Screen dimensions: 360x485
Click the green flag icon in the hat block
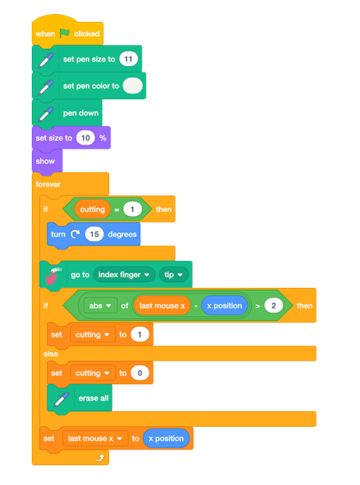pos(64,33)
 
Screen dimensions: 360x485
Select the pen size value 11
pos(128,59)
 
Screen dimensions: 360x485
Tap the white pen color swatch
pos(133,86)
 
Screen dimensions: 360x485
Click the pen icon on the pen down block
pos(46,114)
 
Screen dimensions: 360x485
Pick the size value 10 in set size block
pos(86,138)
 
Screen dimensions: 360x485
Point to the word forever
pos(48,184)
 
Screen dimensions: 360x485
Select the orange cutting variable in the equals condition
pos(92,209)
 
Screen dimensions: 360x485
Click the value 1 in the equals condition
pos(133,209)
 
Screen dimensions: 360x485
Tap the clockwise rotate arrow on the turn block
pos(75,234)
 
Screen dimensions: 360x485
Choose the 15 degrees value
pos(94,234)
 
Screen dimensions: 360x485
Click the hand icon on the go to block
pos(52,276)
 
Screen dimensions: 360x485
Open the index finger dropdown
pos(124,274)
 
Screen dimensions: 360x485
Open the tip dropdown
pos(174,274)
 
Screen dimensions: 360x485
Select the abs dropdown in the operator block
pos(100,306)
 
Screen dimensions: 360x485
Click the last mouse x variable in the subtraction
pos(162,306)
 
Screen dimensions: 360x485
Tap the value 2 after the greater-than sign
pos(274,306)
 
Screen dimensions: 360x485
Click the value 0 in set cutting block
pos(140,373)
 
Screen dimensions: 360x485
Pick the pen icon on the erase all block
pos(61,399)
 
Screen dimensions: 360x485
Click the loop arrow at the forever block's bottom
pos(100,457)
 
